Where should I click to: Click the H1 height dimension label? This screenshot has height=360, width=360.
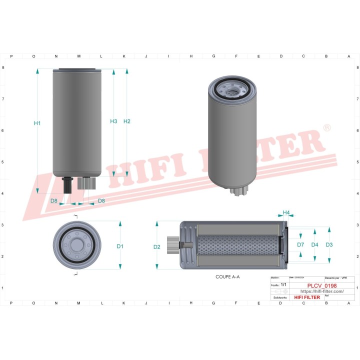(37, 123)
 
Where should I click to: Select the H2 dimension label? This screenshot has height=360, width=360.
(126, 121)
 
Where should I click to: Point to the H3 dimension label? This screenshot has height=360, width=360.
(113, 121)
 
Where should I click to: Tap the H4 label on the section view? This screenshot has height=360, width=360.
(286, 213)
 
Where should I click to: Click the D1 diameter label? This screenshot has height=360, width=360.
(120, 246)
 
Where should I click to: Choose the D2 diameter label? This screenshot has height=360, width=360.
(157, 247)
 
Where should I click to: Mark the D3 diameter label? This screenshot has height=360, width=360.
(328, 244)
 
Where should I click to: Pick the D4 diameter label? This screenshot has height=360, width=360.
(314, 244)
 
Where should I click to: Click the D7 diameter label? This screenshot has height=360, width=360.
(300, 244)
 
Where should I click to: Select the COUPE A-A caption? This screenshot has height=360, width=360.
(227, 276)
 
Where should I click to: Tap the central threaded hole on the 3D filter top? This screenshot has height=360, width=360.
(231, 91)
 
